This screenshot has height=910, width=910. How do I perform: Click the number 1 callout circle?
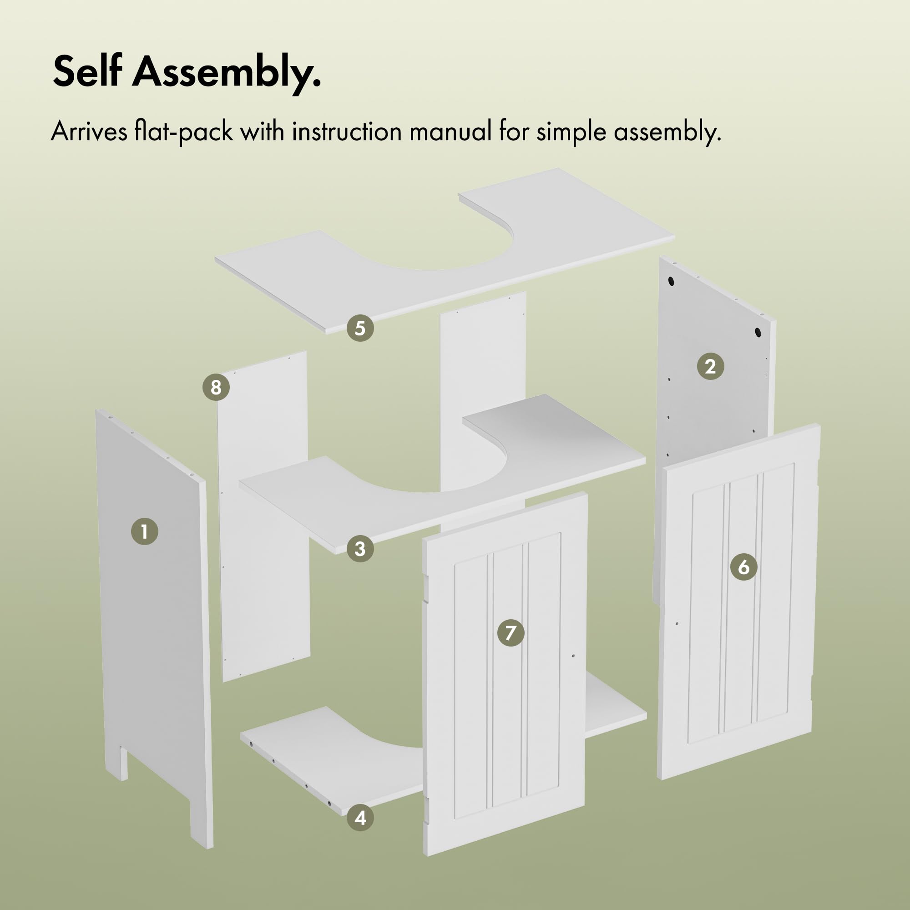tap(145, 531)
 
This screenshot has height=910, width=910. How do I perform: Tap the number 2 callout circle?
tap(710, 366)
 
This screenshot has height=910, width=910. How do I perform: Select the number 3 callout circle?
tap(360, 549)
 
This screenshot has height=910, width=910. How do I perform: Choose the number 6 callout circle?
tap(744, 566)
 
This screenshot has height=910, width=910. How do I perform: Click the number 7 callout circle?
tap(511, 632)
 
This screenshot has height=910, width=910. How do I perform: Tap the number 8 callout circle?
tap(216, 387)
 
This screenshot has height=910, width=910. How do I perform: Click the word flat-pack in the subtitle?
tap(184, 131)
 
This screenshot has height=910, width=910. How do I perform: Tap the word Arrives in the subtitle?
tap(89, 131)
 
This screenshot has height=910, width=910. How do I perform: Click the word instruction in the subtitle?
tap(347, 131)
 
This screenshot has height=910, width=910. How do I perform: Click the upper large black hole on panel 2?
tap(671, 282)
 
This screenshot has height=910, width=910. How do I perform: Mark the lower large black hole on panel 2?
tap(758, 332)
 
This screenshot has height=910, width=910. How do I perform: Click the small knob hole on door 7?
tap(573, 655)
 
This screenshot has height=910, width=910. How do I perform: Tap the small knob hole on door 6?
tap(677, 624)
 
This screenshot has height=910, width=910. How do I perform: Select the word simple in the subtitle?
tap(571, 132)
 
